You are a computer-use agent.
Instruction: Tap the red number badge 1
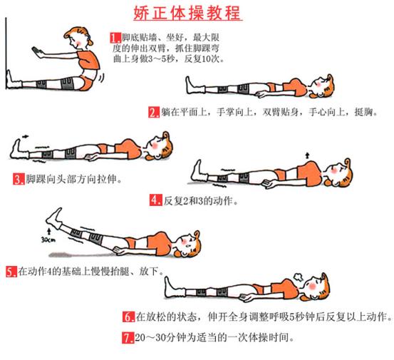(x=115, y=37)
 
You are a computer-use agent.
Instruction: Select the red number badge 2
(x=154, y=112)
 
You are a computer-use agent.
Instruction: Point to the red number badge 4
(x=155, y=200)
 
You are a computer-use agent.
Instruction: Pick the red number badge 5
(x=11, y=272)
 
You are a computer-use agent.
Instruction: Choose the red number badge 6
(x=129, y=316)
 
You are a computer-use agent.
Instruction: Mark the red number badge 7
(x=129, y=336)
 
